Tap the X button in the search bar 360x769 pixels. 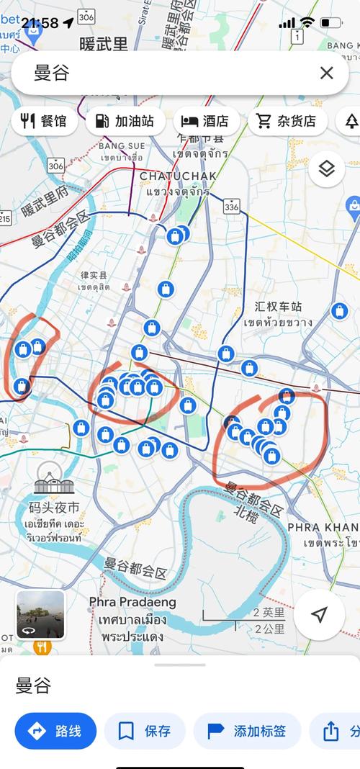click(326, 73)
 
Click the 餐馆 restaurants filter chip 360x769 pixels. click(45, 121)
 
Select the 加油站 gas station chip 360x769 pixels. click(125, 121)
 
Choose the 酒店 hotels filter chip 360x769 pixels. click(205, 121)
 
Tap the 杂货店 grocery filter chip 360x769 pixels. click(288, 121)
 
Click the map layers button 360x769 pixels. click(327, 169)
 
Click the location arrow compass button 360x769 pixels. click(319, 614)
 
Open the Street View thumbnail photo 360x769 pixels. click(41, 614)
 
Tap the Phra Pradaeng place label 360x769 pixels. click(132, 602)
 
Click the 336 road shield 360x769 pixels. click(231, 207)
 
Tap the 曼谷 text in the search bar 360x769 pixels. click(52, 73)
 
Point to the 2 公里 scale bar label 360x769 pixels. click(269, 629)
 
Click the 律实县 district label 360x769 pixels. click(94, 275)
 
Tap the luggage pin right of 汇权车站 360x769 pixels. click(340, 311)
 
